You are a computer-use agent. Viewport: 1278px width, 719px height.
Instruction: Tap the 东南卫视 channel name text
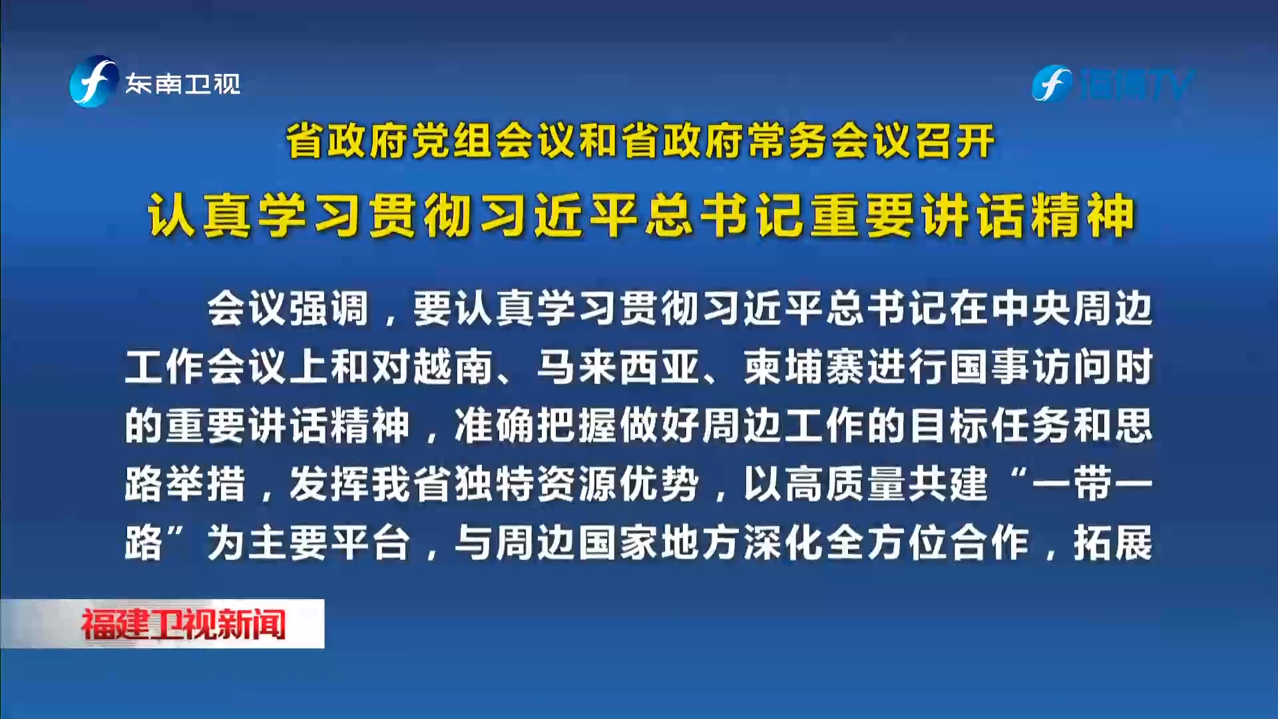tap(183, 85)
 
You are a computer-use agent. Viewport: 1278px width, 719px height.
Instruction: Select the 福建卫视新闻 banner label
tap(183, 624)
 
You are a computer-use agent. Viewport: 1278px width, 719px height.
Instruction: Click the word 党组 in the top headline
tap(453, 141)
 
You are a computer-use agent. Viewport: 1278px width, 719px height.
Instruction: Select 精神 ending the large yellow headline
tap(1081, 216)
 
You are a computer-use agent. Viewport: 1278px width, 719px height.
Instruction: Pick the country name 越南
tap(453, 367)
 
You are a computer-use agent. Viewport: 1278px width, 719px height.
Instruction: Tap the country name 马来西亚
tap(618, 367)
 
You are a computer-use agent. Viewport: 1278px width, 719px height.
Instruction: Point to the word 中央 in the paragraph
tap(1032, 309)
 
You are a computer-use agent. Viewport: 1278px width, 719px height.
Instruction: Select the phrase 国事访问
tap(1032, 367)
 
